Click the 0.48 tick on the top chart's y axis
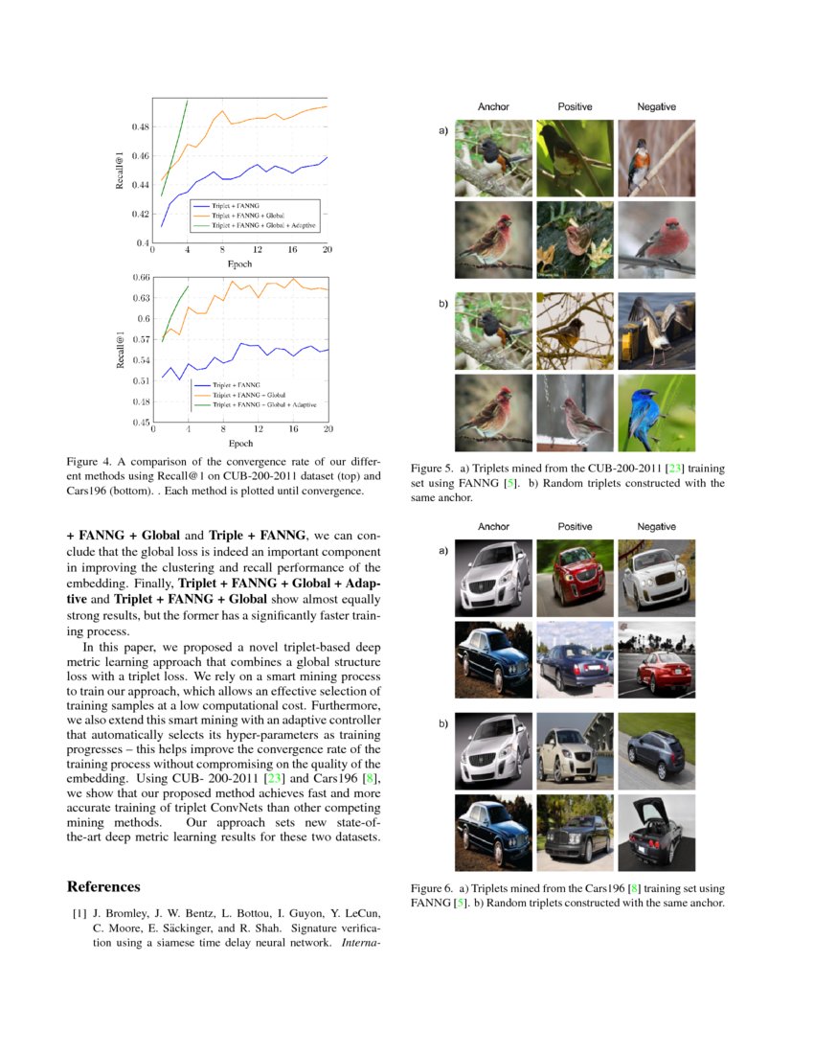pos(140,126)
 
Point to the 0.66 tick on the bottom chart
pos(140,278)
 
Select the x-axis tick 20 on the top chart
pos(327,250)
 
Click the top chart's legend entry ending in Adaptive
pos(263,225)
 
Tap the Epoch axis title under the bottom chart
pos(239,443)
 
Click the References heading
pos(103,886)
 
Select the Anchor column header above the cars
pos(493,527)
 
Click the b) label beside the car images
pos(443,723)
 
